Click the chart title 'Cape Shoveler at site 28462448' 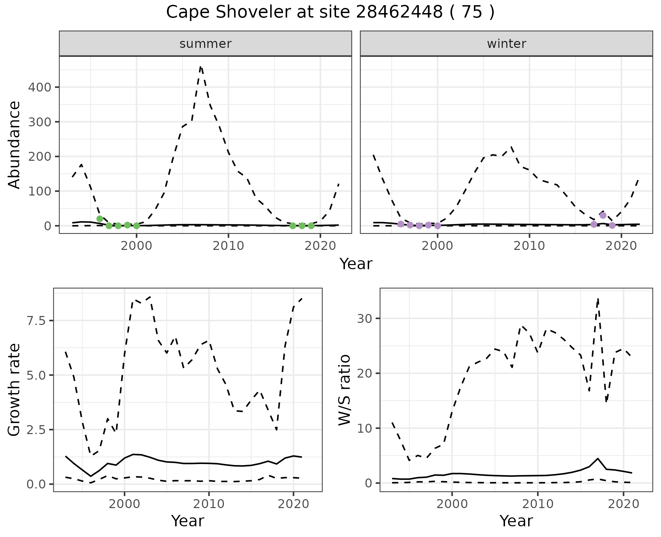tap(330, 13)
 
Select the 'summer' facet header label tap(205, 44)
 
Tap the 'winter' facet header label tap(506, 44)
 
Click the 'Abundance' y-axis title tap(14, 145)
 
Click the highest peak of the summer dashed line tap(201, 67)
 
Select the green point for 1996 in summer tap(100, 219)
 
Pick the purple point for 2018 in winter tap(603, 215)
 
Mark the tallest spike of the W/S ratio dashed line tap(598, 299)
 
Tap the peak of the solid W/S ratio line tap(598, 459)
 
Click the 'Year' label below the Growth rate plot tap(188, 521)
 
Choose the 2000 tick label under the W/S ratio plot tap(452, 504)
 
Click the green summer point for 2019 tap(311, 226)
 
